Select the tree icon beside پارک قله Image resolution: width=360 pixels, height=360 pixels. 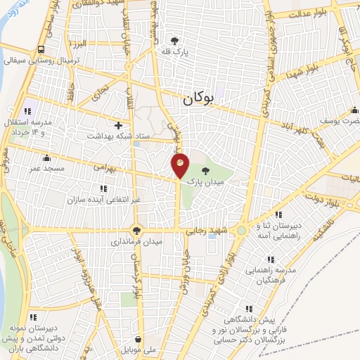coord(174,40)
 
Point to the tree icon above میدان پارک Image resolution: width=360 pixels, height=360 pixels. coord(205,170)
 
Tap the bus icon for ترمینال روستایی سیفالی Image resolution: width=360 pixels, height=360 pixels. coord(41,49)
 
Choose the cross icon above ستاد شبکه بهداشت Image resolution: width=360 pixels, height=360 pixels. coord(128,124)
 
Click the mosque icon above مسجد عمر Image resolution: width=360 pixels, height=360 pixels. coord(46,157)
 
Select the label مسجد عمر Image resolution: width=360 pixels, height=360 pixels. coord(46,169)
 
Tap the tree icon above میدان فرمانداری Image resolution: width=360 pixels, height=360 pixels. coord(136,229)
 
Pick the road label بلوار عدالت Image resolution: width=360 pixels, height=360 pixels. coord(310,13)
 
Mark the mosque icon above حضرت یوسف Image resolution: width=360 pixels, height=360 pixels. coord(356,110)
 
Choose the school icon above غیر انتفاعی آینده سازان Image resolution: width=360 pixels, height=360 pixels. coord(103,188)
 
